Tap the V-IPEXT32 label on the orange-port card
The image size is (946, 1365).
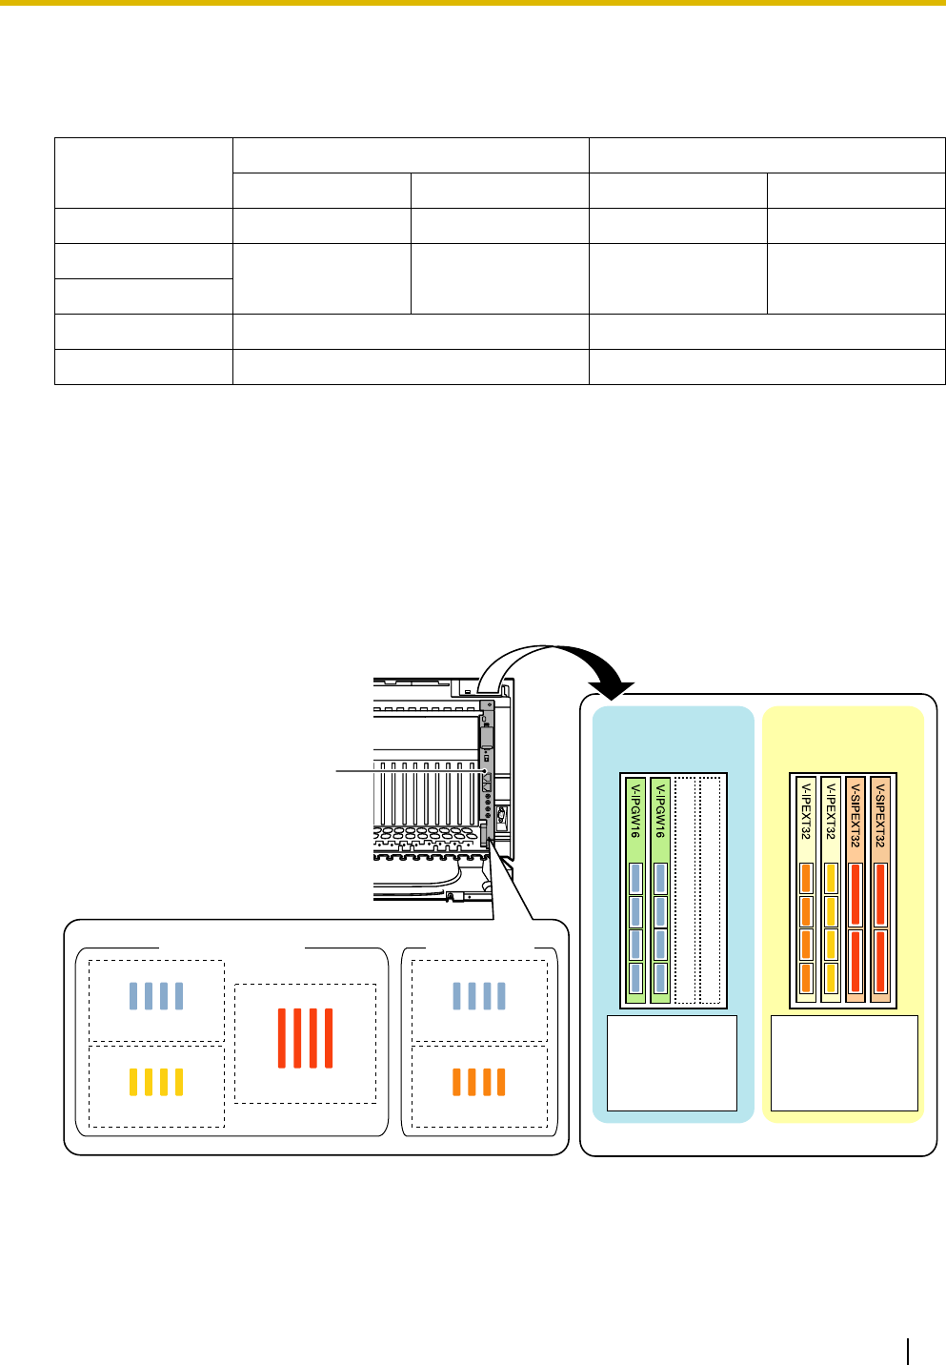click(806, 811)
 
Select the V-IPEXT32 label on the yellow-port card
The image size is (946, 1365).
click(831, 811)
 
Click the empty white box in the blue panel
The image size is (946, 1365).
click(672, 1063)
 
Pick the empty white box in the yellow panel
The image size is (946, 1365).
click(844, 1063)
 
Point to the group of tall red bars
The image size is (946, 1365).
click(306, 1038)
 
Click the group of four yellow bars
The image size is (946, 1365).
click(156, 1082)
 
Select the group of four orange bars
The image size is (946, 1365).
click(479, 1083)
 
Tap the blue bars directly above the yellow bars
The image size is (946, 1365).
click(156, 996)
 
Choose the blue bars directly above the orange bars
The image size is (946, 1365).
click(479, 996)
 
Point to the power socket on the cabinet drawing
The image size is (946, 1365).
click(502, 815)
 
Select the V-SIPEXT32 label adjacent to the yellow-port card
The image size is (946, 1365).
click(855, 815)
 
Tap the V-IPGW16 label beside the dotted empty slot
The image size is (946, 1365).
click(660, 811)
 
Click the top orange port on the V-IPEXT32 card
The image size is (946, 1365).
click(806, 877)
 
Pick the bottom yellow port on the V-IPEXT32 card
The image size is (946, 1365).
click(831, 977)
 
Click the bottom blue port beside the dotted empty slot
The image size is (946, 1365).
click(660, 977)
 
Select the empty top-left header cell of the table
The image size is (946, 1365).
click(144, 173)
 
